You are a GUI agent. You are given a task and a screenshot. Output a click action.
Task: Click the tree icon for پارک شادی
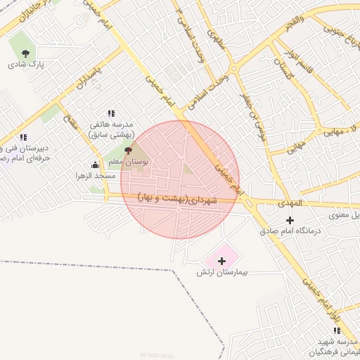(x=26, y=53)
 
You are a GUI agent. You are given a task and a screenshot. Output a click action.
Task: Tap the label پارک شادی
(x=26, y=65)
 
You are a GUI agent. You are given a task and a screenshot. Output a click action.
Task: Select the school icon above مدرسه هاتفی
(x=111, y=113)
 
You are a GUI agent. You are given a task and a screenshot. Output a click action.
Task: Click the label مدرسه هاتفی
(x=111, y=125)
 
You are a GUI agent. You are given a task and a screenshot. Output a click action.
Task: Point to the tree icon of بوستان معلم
(x=128, y=150)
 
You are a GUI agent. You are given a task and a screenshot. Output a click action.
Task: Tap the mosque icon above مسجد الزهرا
(x=95, y=165)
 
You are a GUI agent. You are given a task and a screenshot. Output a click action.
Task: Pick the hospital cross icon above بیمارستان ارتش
(x=222, y=261)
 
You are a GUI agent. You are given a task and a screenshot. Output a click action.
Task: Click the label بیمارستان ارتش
(x=222, y=272)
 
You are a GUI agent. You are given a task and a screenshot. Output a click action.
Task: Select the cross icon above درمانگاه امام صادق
(x=290, y=220)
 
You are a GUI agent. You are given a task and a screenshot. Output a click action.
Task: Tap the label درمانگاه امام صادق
(x=290, y=231)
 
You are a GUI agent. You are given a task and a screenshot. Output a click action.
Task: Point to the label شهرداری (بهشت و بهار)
(x=179, y=198)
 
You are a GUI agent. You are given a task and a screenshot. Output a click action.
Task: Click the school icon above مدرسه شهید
(x=334, y=330)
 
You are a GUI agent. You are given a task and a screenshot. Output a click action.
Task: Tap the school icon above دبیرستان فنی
(x=23, y=137)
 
